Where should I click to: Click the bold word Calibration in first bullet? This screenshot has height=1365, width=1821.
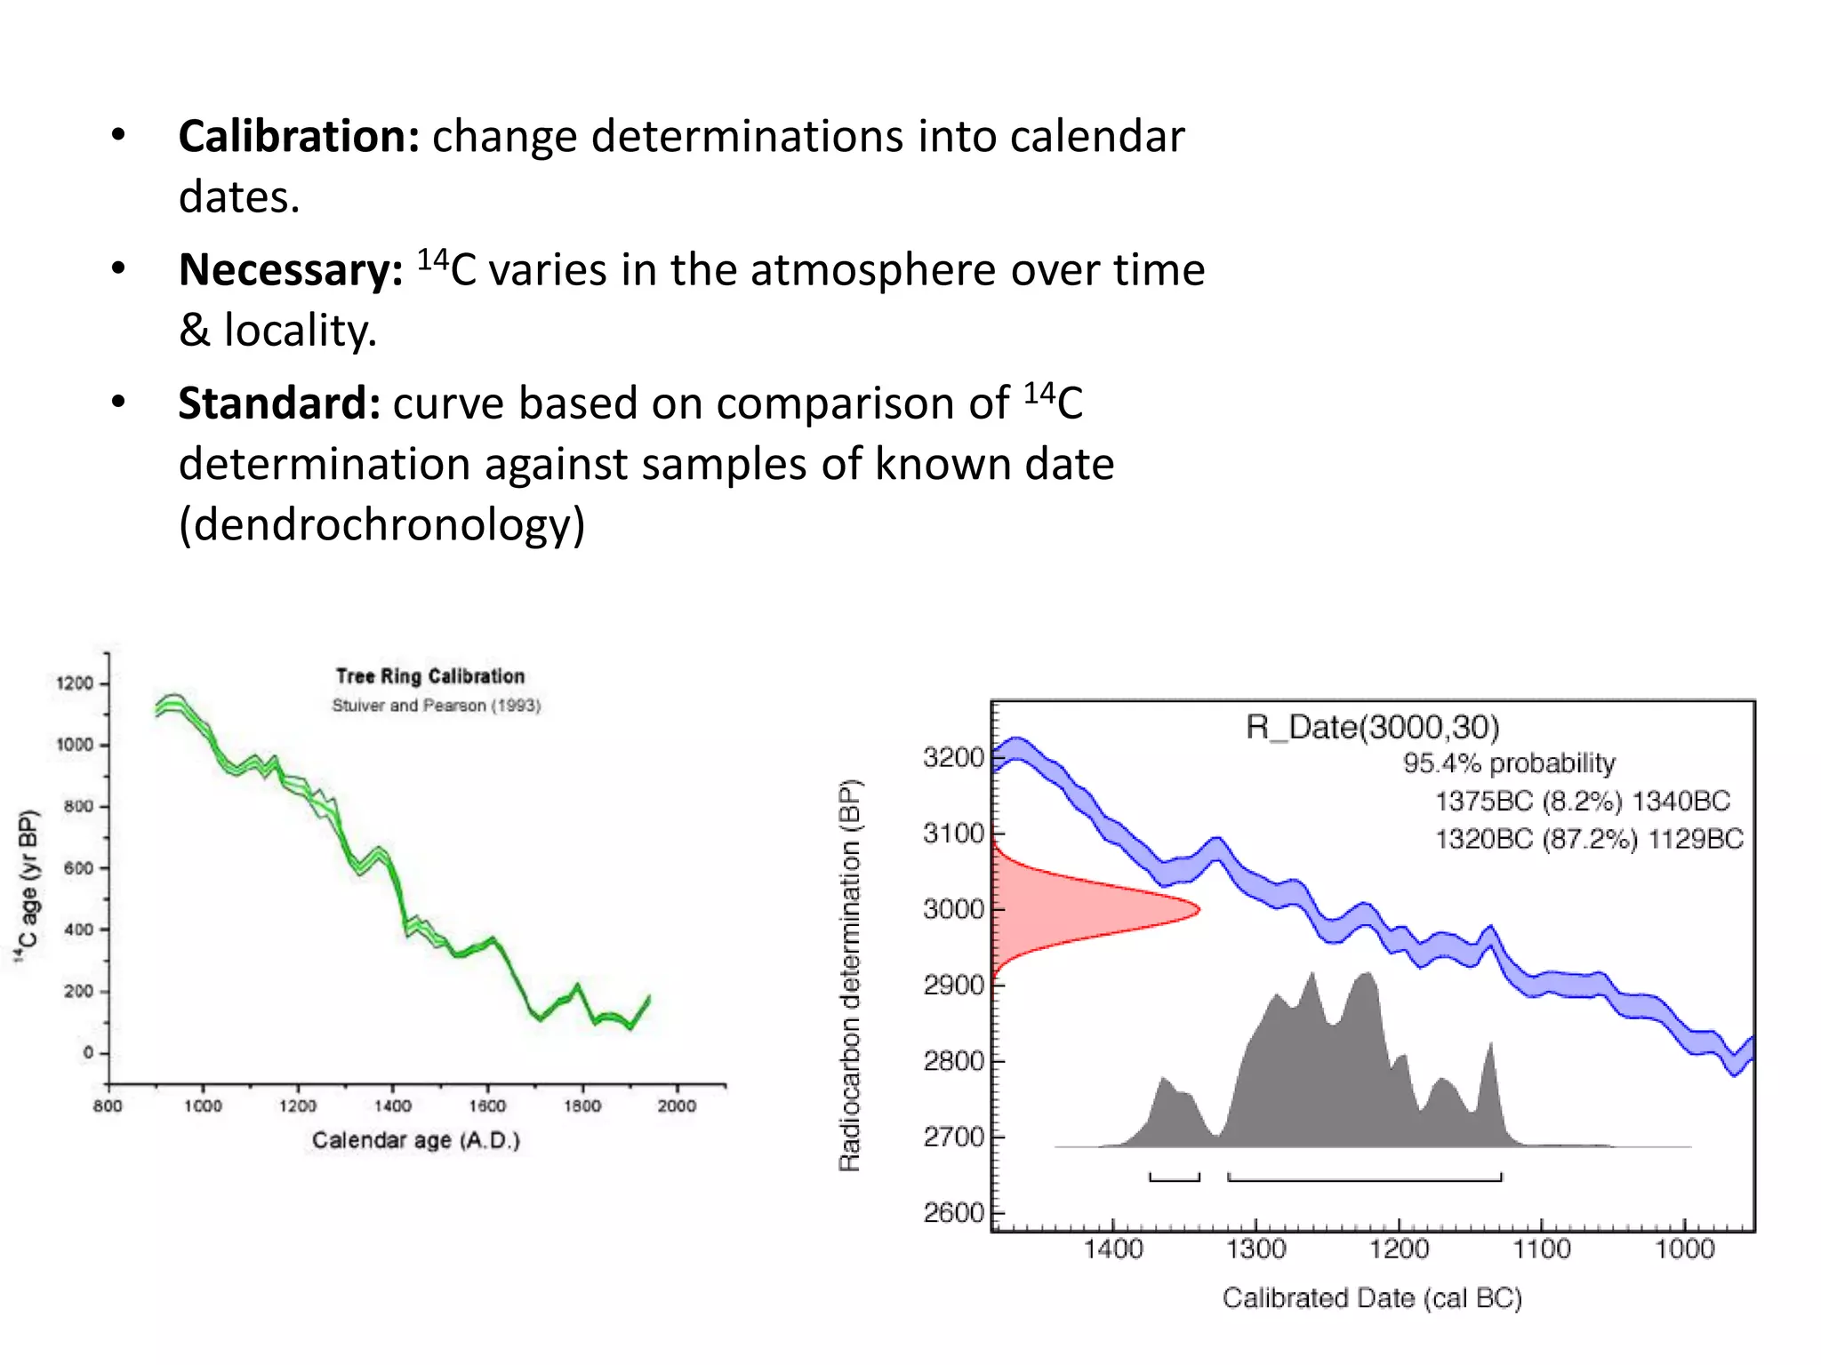click(x=299, y=137)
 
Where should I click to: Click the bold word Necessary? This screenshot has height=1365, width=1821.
click(x=291, y=270)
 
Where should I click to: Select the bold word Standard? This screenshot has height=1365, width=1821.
click(x=279, y=403)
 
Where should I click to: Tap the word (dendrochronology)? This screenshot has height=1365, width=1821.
click(x=381, y=524)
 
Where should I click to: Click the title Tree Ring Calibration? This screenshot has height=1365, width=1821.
click(x=430, y=676)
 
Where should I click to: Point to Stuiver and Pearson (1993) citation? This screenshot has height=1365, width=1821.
click(x=436, y=706)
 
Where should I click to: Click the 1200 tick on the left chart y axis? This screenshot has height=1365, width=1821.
click(x=75, y=683)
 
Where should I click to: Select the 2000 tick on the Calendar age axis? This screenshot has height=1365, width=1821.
click(x=676, y=1106)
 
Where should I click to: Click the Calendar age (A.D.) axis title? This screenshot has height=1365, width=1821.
click(x=415, y=1140)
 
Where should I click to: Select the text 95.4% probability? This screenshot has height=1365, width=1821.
click(x=1509, y=763)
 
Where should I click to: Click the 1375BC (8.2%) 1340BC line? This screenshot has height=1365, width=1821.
click(x=1583, y=802)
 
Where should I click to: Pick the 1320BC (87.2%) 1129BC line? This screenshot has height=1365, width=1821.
click(x=1589, y=839)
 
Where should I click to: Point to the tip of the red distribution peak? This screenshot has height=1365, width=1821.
click(x=1198, y=909)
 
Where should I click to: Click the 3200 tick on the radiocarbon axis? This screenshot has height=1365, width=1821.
click(x=953, y=758)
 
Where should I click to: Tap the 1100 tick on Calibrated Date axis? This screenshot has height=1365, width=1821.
click(x=1542, y=1249)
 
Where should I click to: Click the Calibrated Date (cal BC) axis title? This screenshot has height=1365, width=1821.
click(x=1372, y=1298)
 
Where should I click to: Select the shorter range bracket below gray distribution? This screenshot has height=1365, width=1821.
click(x=1174, y=1178)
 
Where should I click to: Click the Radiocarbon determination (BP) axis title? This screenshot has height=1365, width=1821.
click(x=850, y=975)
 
